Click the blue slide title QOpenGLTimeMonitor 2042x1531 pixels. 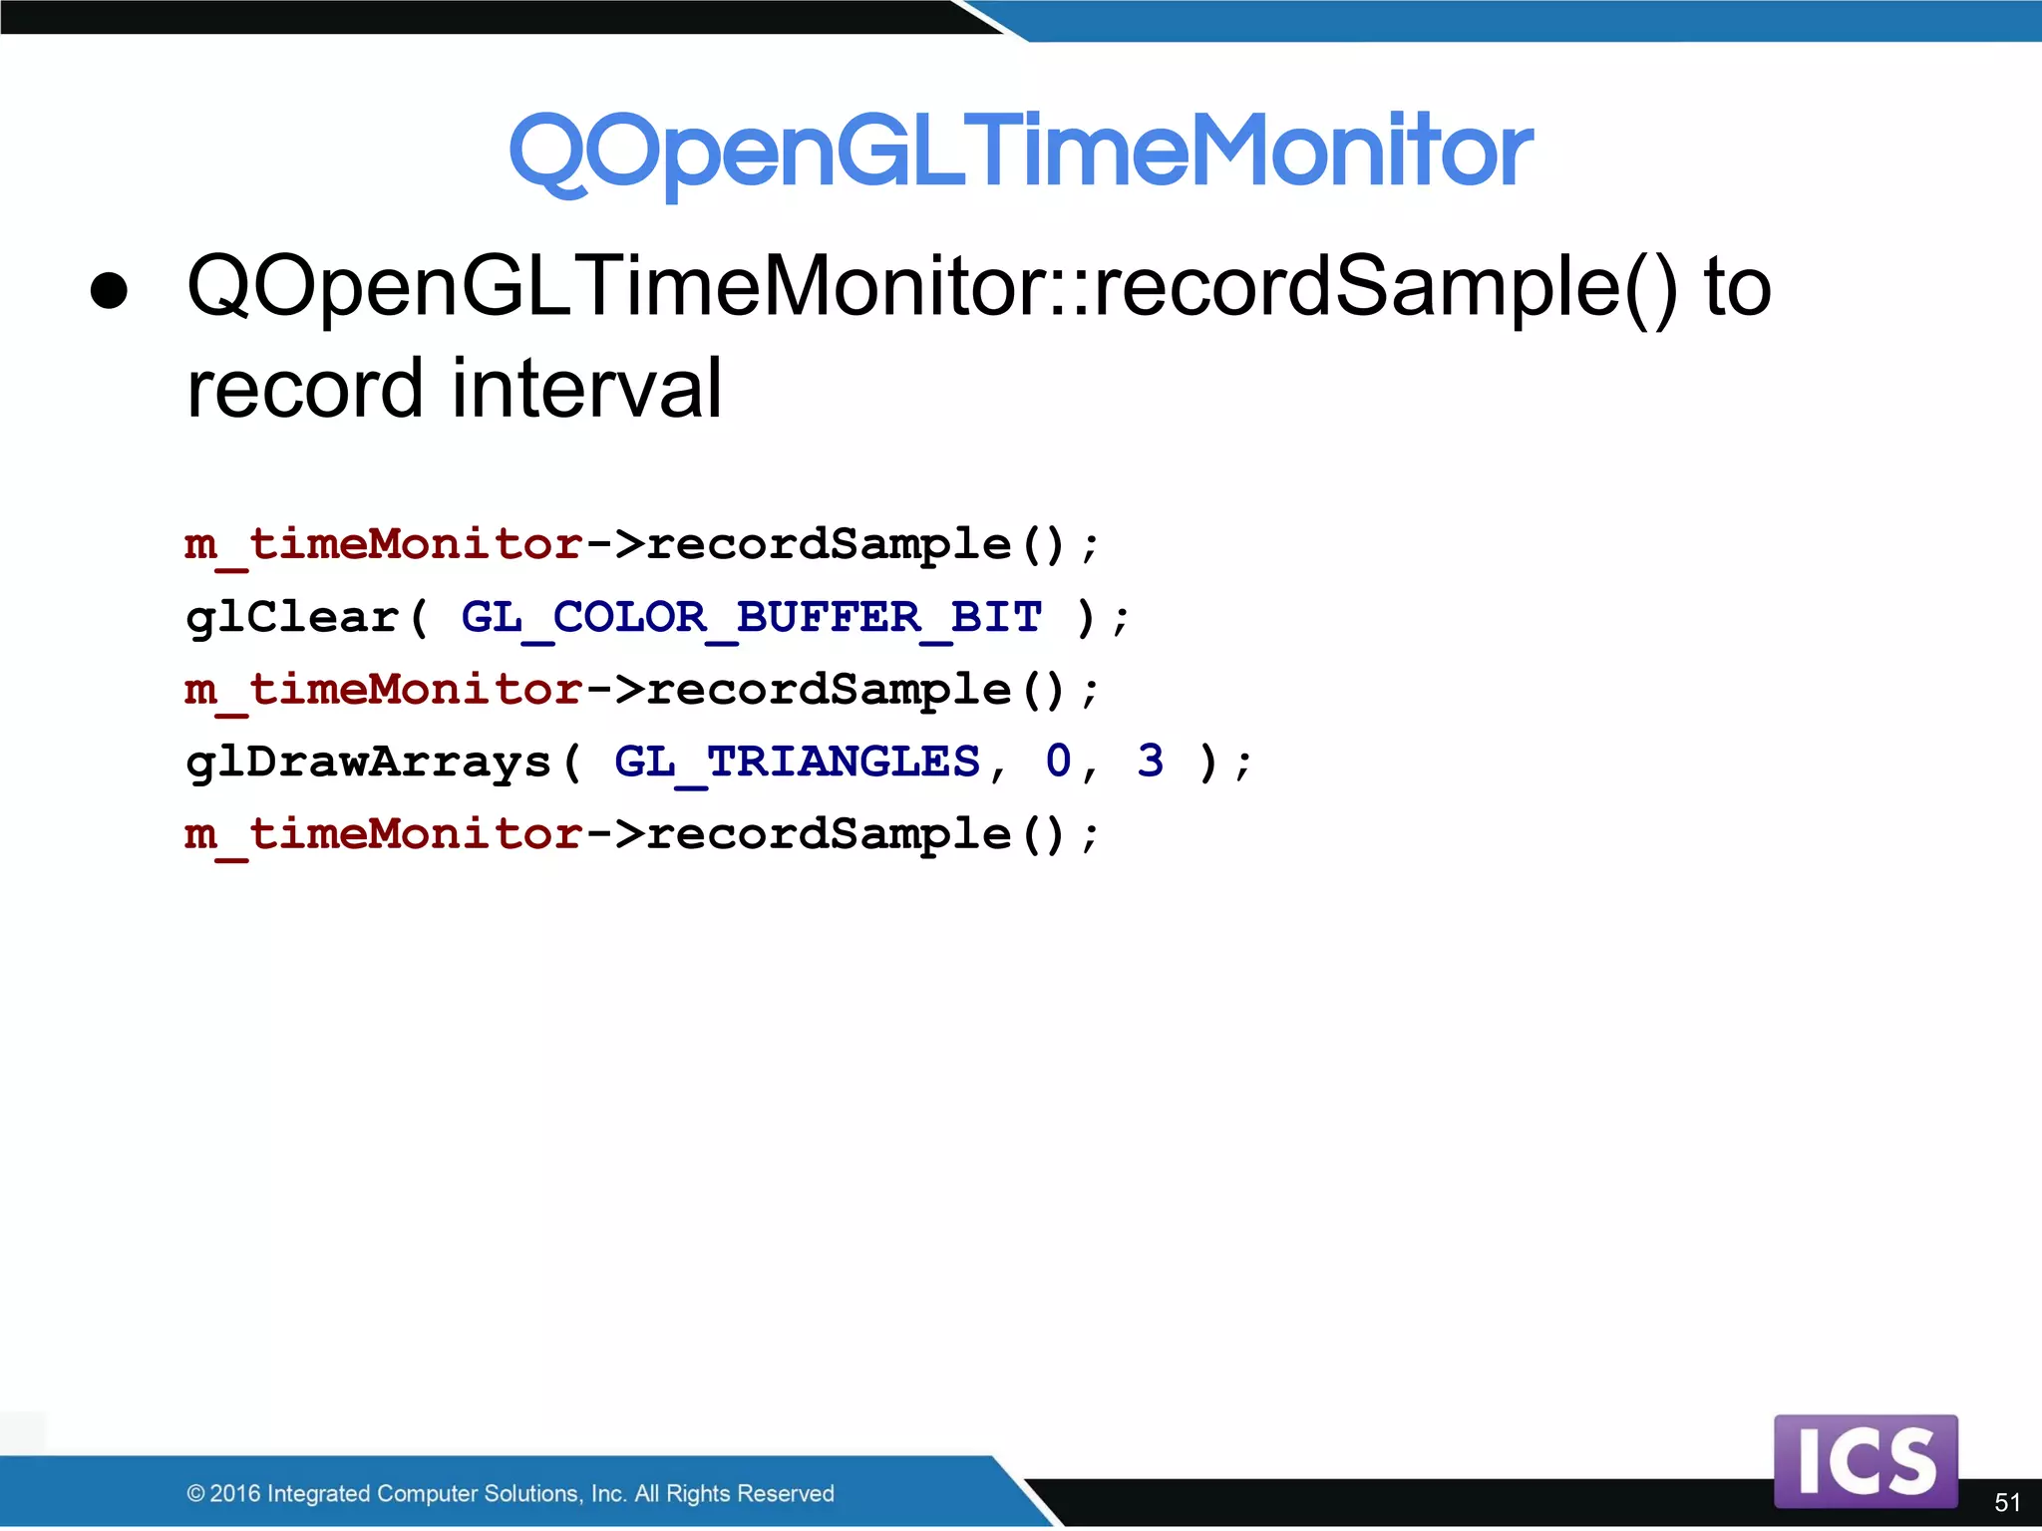(x=1020, y=152)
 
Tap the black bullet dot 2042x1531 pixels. (x=109, y=290)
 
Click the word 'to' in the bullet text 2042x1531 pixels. (x=1737, y=287)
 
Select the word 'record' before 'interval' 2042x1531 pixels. (x=305, y=389)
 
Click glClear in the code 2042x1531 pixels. (x=292, y=618)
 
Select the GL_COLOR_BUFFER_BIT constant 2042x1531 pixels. (x=751, y=618)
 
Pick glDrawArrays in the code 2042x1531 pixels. (x=369, y=764)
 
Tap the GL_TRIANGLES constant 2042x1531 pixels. (x=797, y=763)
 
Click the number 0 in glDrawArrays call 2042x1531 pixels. (x=1058, y=762)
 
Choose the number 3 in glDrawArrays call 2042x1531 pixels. (x=1150, y=762)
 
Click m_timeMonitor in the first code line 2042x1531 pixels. (x=383, y=545)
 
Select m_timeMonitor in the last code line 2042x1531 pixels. (x=383, y=835)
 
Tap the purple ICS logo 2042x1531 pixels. (x=1866, y=1461)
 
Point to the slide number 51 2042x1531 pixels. (x=2007, y=1502)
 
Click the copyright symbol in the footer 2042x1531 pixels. (x=195, y=1493)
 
